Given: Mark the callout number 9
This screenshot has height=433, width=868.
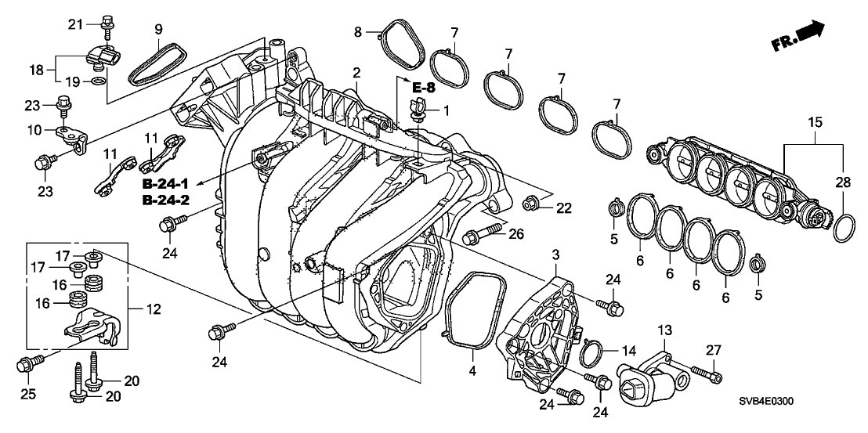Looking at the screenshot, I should click(x=158, y=30).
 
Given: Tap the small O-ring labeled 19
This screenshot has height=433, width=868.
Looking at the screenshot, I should click(x=96, y=81).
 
